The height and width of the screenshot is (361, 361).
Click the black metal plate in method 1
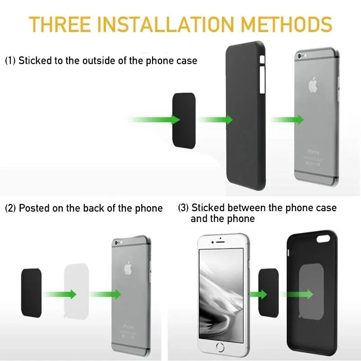click(184, 119)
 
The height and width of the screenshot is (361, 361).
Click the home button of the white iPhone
click(221, 347)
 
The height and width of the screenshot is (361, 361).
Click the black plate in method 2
click(31, 292)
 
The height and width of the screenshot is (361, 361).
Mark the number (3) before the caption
click(183, 208)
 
